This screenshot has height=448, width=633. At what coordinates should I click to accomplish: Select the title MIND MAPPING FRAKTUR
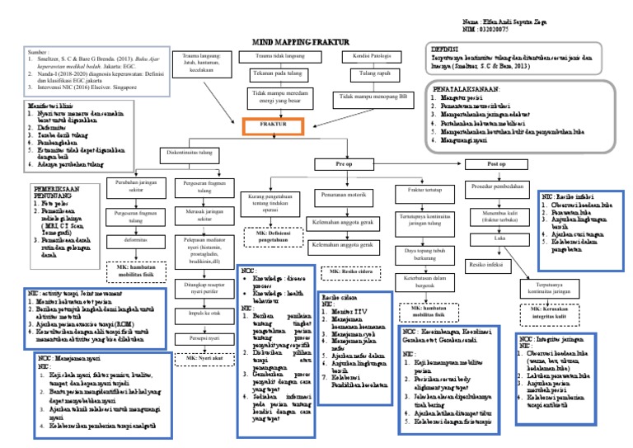298,40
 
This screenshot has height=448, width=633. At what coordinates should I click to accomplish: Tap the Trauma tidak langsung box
272,56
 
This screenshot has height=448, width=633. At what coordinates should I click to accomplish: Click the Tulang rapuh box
366,73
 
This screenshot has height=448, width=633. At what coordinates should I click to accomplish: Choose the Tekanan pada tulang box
272,73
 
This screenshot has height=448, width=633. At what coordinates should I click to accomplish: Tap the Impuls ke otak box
204,314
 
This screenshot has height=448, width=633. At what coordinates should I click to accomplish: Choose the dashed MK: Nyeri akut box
204,359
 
